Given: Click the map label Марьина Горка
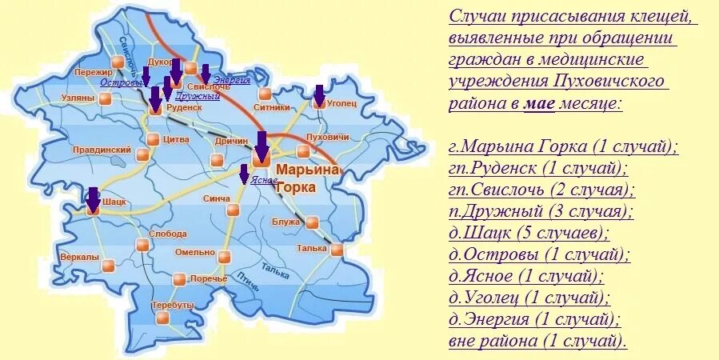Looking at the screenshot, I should pyautogui.click(x=307, y=178).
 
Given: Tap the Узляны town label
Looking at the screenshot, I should pyautogui.click(x=77, y=98).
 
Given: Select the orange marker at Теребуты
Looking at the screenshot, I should pyautogui.click(x=162, y=318).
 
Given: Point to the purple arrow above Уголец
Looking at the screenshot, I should pyautogui.click(x=319, y=94).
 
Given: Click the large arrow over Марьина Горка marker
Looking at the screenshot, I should pyautogui.click(x=261, y=145).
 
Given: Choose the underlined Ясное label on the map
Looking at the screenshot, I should pyautogui.click(x=264, y=180).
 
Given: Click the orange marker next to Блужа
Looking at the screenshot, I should pyautogui.click(x=312, y=222).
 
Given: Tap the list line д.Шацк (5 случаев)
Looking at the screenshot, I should pyautogui.click(x=529, y=234).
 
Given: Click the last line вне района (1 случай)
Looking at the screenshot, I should pyautogui.click(x=537, y=342).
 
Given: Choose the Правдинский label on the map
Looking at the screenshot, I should pyautogui.click(x=102, y=150).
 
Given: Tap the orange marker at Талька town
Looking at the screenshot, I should pyautogui.click(x=337, y=250).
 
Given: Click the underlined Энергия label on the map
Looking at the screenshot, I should pyautogui.click(x=231, y=80).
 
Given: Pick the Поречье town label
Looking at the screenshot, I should pyautogui.click(x=210, y=278).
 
